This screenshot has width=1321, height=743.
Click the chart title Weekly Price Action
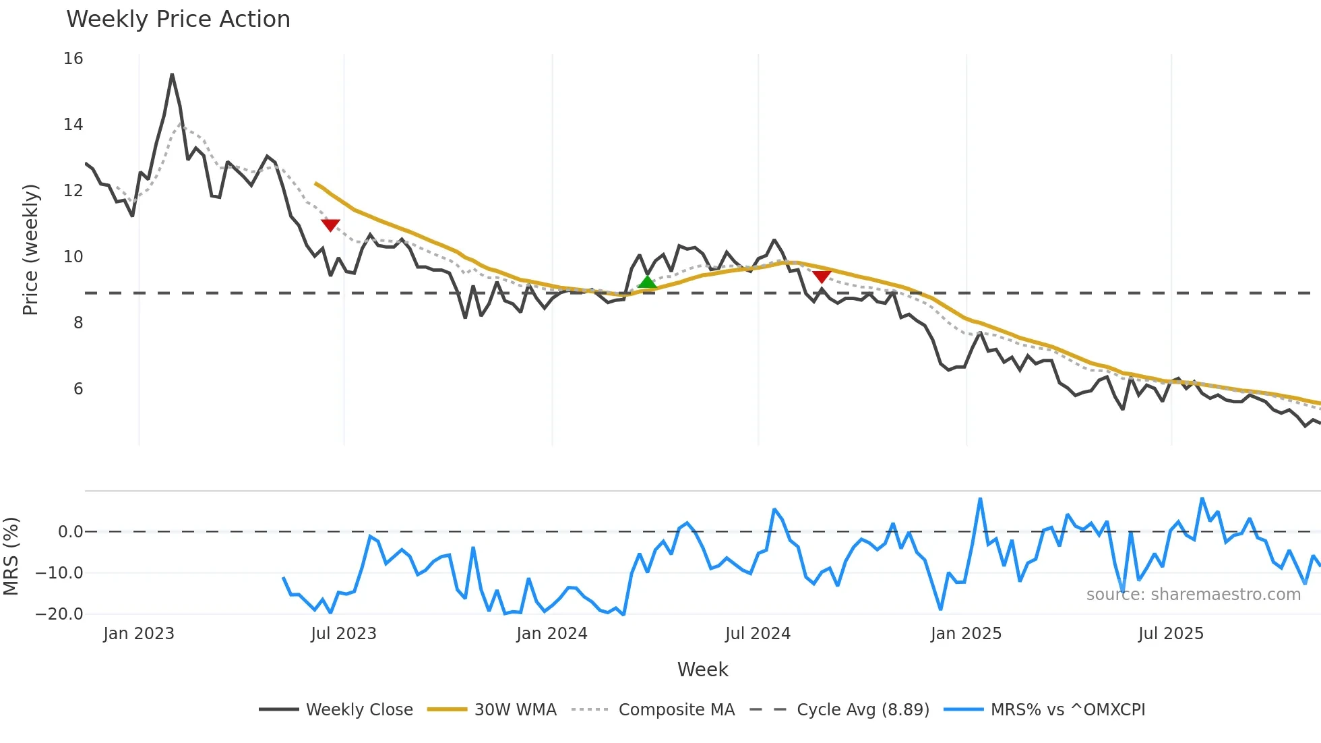point(178,20)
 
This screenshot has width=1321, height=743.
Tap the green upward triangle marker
point(647,282)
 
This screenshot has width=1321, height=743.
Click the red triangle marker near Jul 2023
point(330,225)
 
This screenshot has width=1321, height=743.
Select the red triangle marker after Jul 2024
point(822,276)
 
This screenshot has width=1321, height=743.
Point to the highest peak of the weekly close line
point(172,75)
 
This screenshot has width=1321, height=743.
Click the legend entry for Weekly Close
point(359,710)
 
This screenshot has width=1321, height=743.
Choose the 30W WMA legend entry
point(515,710)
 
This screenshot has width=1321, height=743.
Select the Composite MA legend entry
point(676,710)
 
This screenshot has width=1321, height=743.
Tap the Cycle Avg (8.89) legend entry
point(862,710)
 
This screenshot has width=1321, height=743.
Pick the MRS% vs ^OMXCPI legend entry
point(1067,710)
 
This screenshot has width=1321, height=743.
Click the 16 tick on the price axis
point(73,59)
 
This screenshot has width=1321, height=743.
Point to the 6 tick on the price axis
point(78,389)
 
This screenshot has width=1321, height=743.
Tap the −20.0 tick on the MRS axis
point(59,614)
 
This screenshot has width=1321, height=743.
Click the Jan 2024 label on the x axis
point(552,634)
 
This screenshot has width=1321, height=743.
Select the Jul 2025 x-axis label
point(1171,634)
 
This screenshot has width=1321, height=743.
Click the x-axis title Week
point(702,670)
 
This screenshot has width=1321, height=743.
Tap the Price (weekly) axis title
point(30,249)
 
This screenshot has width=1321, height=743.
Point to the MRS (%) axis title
point(11,556)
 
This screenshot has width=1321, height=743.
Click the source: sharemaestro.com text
point(1193,595)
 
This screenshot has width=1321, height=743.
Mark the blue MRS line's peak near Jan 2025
point(980,499)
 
